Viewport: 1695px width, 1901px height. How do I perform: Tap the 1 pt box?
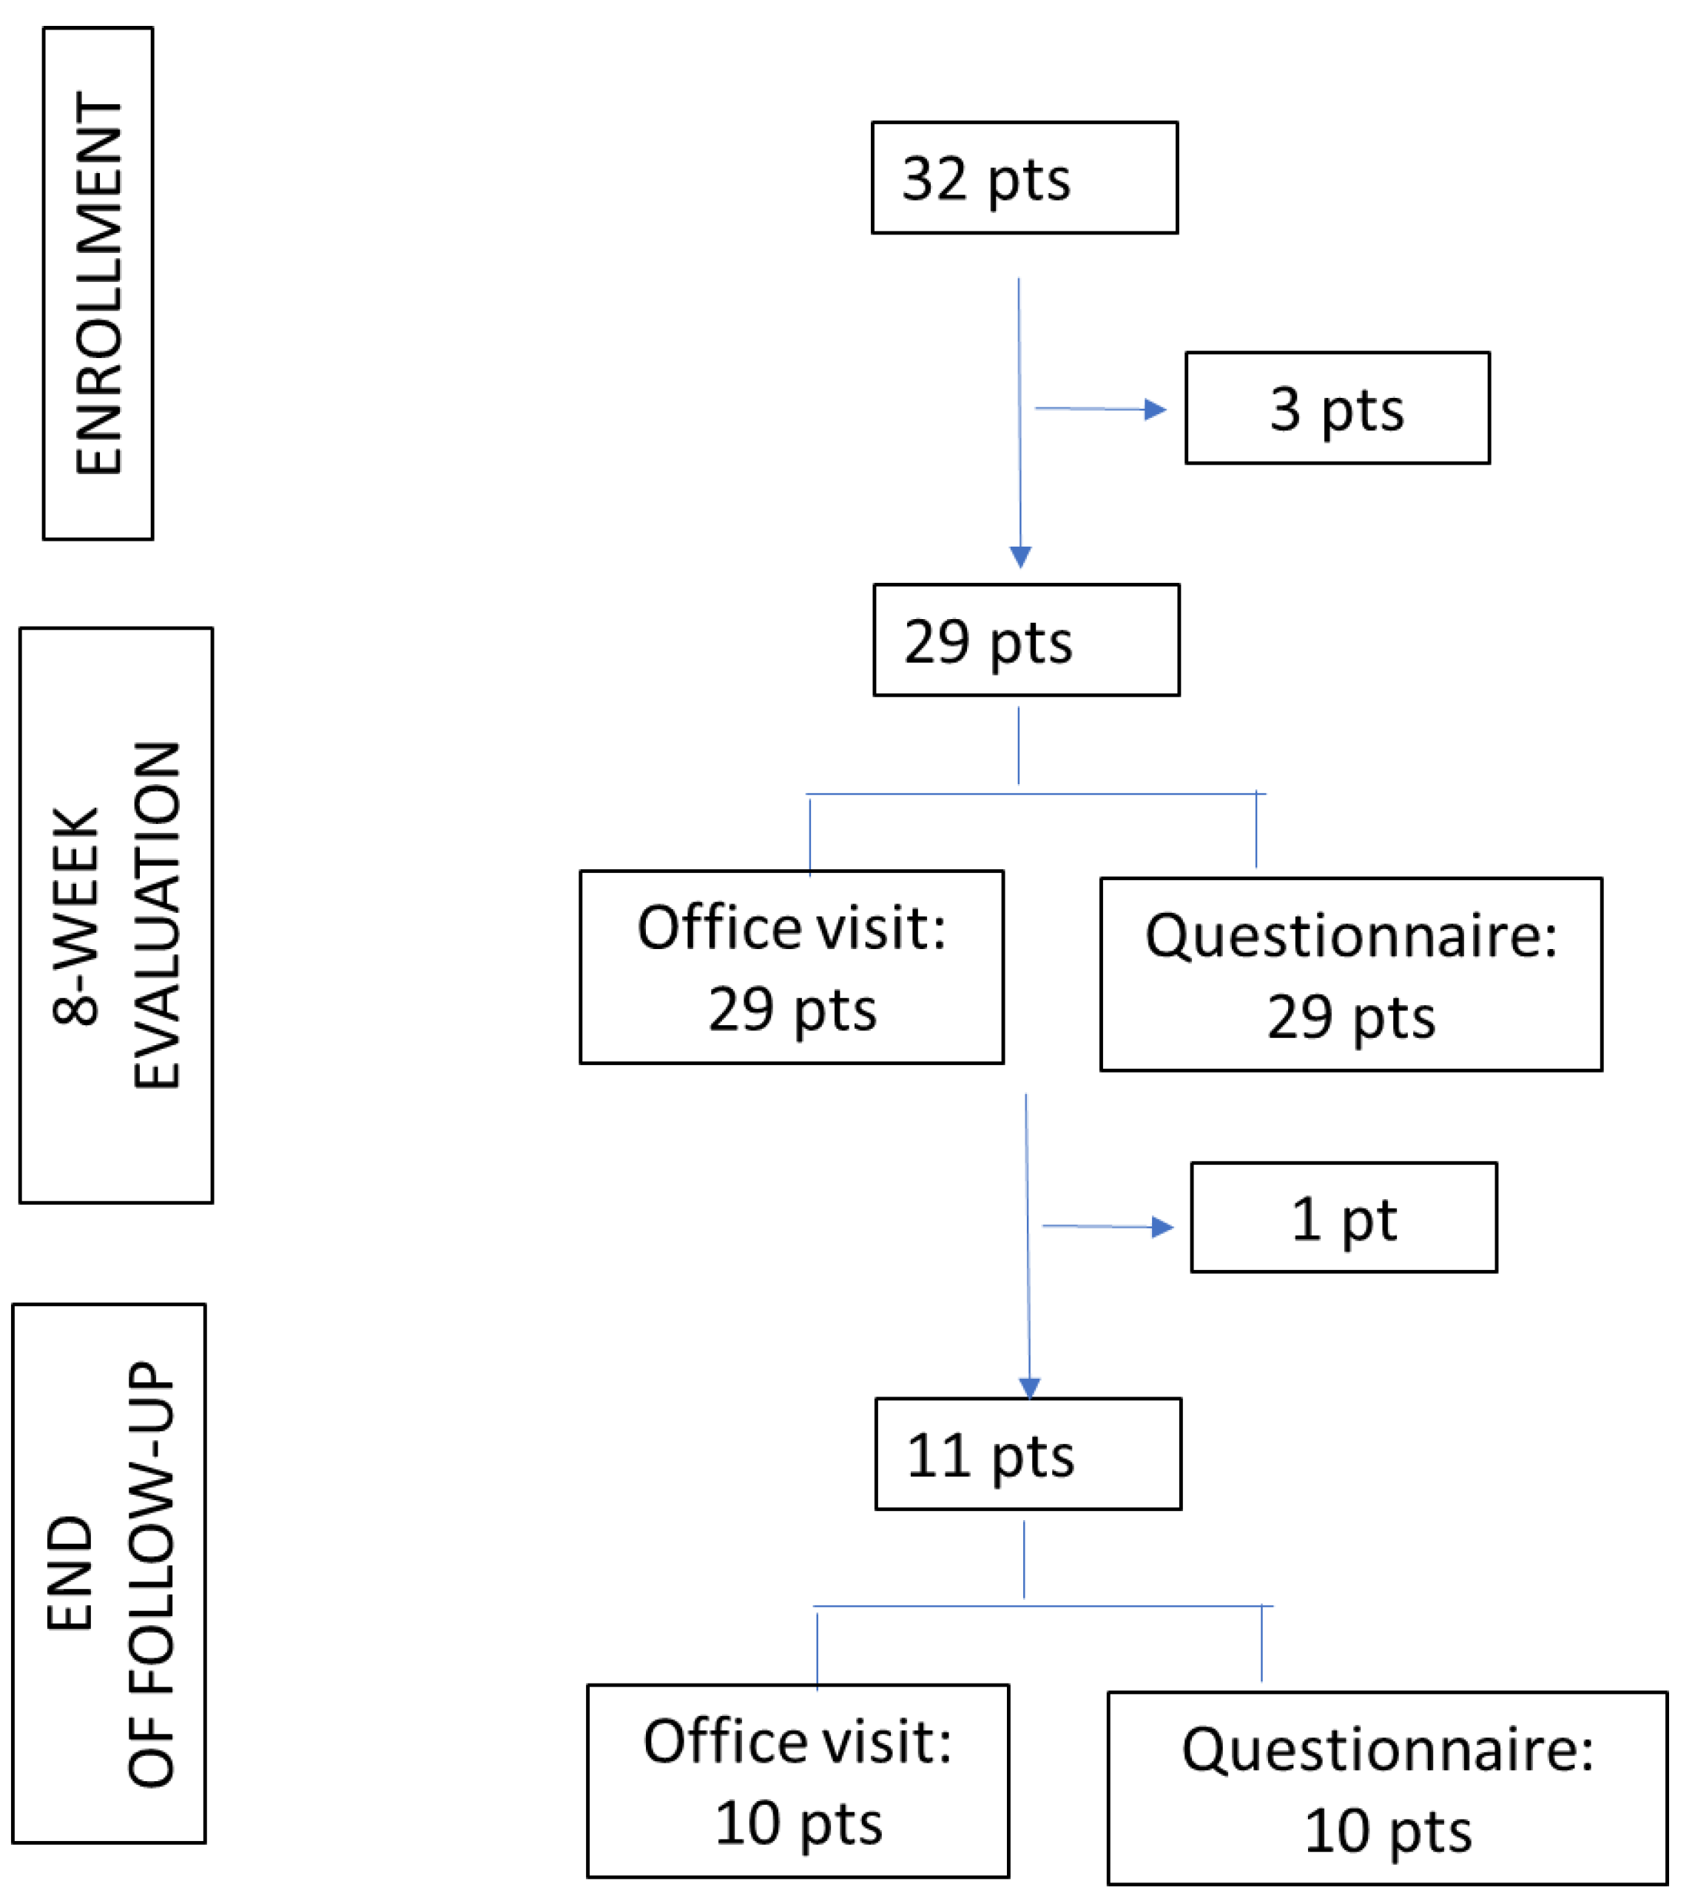coord(1343,1218)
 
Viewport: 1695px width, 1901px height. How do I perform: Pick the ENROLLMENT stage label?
coord(98,283)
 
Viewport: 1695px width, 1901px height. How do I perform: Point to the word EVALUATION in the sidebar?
coord(156,915)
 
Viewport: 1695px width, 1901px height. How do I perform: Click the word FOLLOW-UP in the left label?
coord(151,1573)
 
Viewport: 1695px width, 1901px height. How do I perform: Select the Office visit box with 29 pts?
coord(791,968)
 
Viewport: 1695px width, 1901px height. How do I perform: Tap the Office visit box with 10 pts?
coord(798,1781)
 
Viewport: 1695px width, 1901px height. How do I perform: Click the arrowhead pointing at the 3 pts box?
coord(1155,410)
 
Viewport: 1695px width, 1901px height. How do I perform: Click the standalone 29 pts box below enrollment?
coord(1025,641)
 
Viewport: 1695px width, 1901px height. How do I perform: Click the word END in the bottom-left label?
coord(70,1573)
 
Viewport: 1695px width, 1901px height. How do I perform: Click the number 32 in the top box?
coord(934,179)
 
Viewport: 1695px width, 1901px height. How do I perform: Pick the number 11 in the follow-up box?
coord(939,1456)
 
